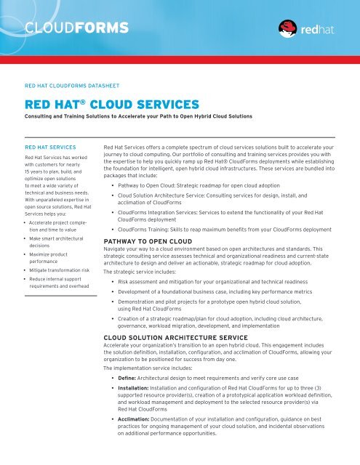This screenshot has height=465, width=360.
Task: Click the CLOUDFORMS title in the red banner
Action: pos(76,29)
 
